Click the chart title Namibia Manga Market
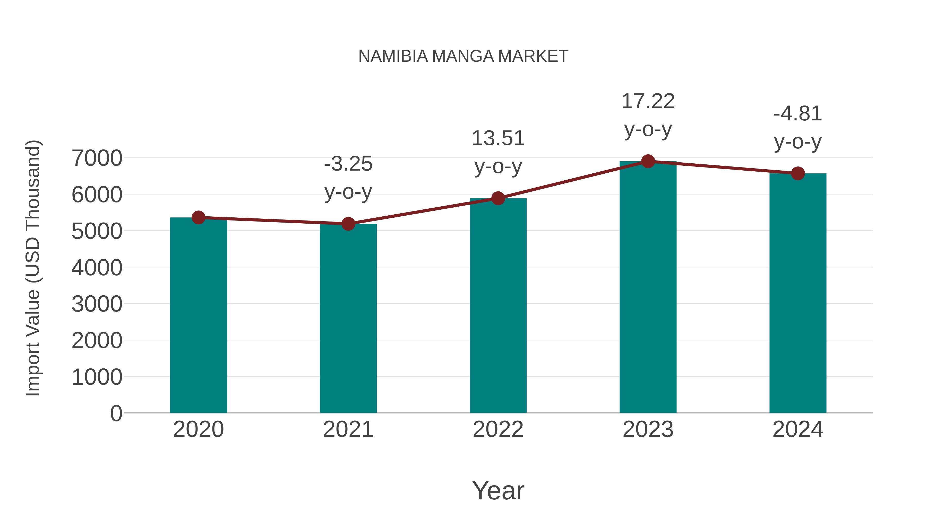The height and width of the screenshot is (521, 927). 463,56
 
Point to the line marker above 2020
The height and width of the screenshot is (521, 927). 198,217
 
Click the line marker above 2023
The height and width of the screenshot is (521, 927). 648,161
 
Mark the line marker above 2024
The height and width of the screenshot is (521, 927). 798,173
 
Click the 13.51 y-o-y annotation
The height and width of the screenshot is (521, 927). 498,152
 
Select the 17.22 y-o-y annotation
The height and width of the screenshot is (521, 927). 648,115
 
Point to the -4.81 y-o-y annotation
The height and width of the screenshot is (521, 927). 798,127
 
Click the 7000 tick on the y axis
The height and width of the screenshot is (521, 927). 97,158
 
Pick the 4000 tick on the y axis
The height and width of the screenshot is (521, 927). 97,268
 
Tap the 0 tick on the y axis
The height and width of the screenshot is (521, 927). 116,413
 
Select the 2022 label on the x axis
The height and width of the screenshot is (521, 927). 498,429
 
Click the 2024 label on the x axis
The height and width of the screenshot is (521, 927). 798,429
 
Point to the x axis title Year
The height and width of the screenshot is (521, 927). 498,490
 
